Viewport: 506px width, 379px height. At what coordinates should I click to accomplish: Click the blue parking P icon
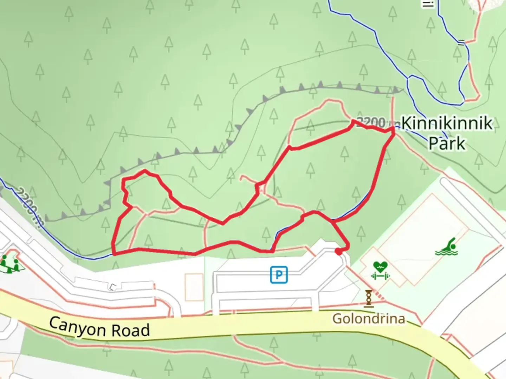[279, 274]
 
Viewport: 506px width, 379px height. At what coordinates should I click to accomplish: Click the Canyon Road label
[99, 328]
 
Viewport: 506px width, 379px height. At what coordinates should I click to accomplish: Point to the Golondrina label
[369, 319]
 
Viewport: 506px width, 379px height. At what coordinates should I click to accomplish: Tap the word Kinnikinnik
[447, 123]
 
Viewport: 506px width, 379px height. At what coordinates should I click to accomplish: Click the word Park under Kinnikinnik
[447, 144]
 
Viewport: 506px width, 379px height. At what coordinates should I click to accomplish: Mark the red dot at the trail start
[338, 251]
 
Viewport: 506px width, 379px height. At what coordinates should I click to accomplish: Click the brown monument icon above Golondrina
[369, 298]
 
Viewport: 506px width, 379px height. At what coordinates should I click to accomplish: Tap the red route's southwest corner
[114, 253]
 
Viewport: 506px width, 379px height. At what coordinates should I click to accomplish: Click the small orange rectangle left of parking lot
[194, 287]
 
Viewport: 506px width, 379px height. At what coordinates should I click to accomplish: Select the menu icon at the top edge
[428, 4]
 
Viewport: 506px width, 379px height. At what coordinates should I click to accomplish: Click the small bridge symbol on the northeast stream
[461, 43]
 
